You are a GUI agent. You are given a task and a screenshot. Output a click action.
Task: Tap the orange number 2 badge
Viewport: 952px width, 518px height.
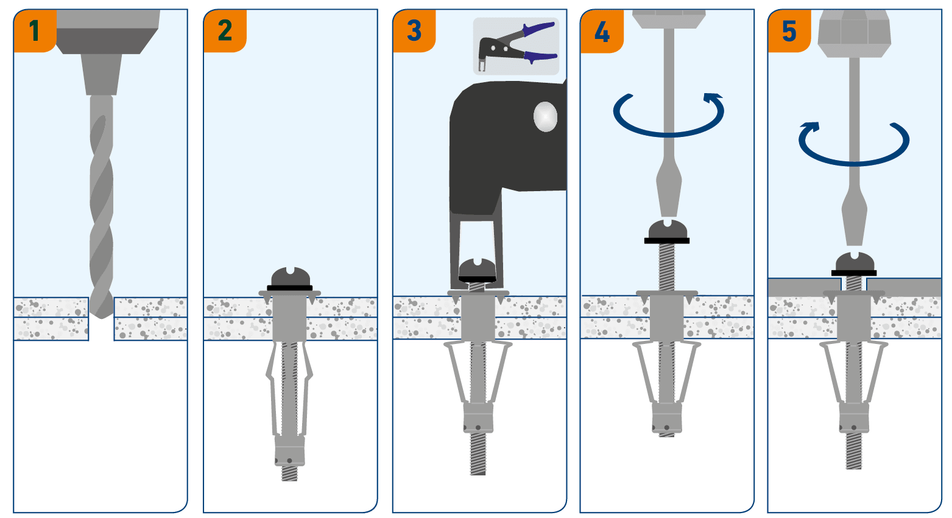point(225,30)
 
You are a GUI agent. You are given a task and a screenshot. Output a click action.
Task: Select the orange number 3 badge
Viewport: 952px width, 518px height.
point(414,30)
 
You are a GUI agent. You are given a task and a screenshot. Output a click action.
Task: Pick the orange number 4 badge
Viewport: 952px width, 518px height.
point(602,31)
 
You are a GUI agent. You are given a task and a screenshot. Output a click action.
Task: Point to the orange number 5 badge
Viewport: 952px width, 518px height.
point(789,30)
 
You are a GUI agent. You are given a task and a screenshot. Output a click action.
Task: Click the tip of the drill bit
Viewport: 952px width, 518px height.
point(101,313)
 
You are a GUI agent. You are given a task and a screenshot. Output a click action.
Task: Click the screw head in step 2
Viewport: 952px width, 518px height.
point(290,278)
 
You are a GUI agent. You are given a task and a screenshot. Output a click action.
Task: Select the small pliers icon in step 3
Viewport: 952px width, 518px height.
point(517,46)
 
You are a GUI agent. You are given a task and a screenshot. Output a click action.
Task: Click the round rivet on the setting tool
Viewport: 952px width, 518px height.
point(545,116)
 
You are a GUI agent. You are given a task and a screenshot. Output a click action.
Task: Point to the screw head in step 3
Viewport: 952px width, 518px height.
point(478,268)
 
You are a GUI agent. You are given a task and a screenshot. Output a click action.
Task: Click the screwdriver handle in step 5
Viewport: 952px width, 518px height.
point(854,33)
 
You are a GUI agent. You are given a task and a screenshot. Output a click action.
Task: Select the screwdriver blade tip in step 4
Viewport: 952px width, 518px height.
point(668,211)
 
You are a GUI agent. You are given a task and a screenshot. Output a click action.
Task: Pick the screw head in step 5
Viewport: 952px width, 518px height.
point(855,263)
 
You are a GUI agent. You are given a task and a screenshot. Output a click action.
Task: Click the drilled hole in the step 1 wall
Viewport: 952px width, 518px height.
point(101,329)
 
